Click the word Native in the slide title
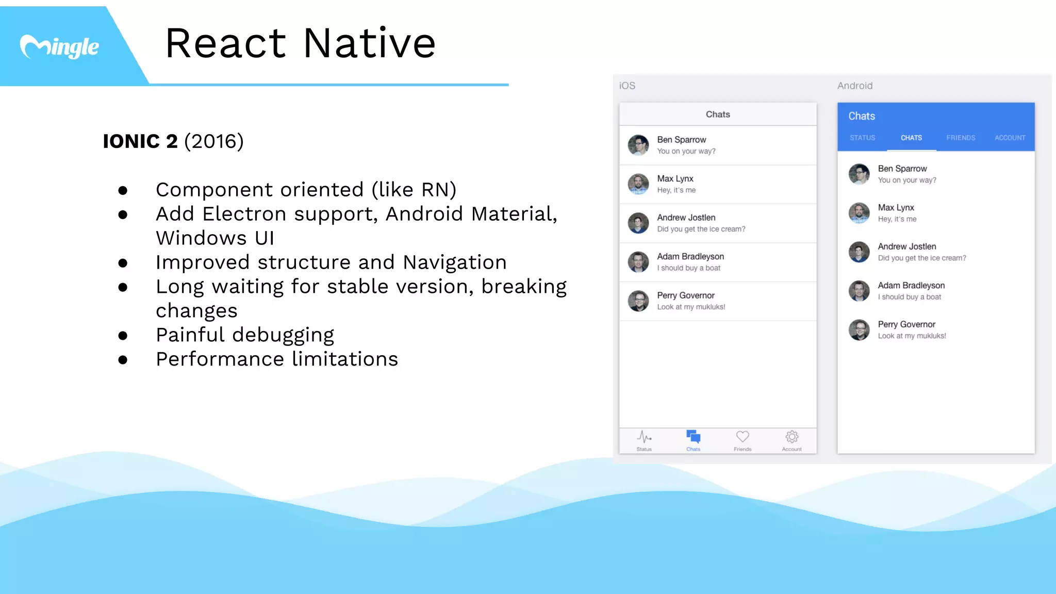[369, 43]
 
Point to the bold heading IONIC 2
[140, 141]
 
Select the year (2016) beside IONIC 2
[214, 141]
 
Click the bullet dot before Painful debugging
[123, 336]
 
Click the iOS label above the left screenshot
[627, 86]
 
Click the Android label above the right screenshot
[855, 86]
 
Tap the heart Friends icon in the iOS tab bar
[742, 437]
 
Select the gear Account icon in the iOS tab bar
[792, 437]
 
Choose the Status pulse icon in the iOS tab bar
[644, 437]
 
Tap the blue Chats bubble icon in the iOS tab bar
[694, 437]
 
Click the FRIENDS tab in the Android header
[961, 138]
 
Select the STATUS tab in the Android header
[863, 138]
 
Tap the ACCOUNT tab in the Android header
[1010, 138]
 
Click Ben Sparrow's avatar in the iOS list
[638, 145]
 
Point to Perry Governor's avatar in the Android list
[859, 330]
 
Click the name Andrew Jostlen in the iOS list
[686, 218]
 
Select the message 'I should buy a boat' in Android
[910, 297]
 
